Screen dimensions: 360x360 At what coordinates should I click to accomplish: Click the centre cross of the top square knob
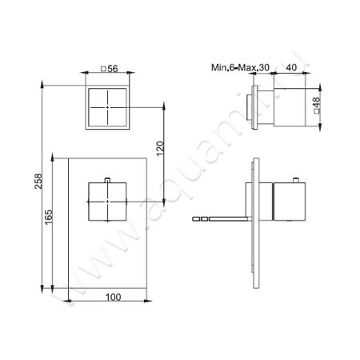point(107,107)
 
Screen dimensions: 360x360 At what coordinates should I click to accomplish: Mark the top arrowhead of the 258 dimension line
point(40,81)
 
